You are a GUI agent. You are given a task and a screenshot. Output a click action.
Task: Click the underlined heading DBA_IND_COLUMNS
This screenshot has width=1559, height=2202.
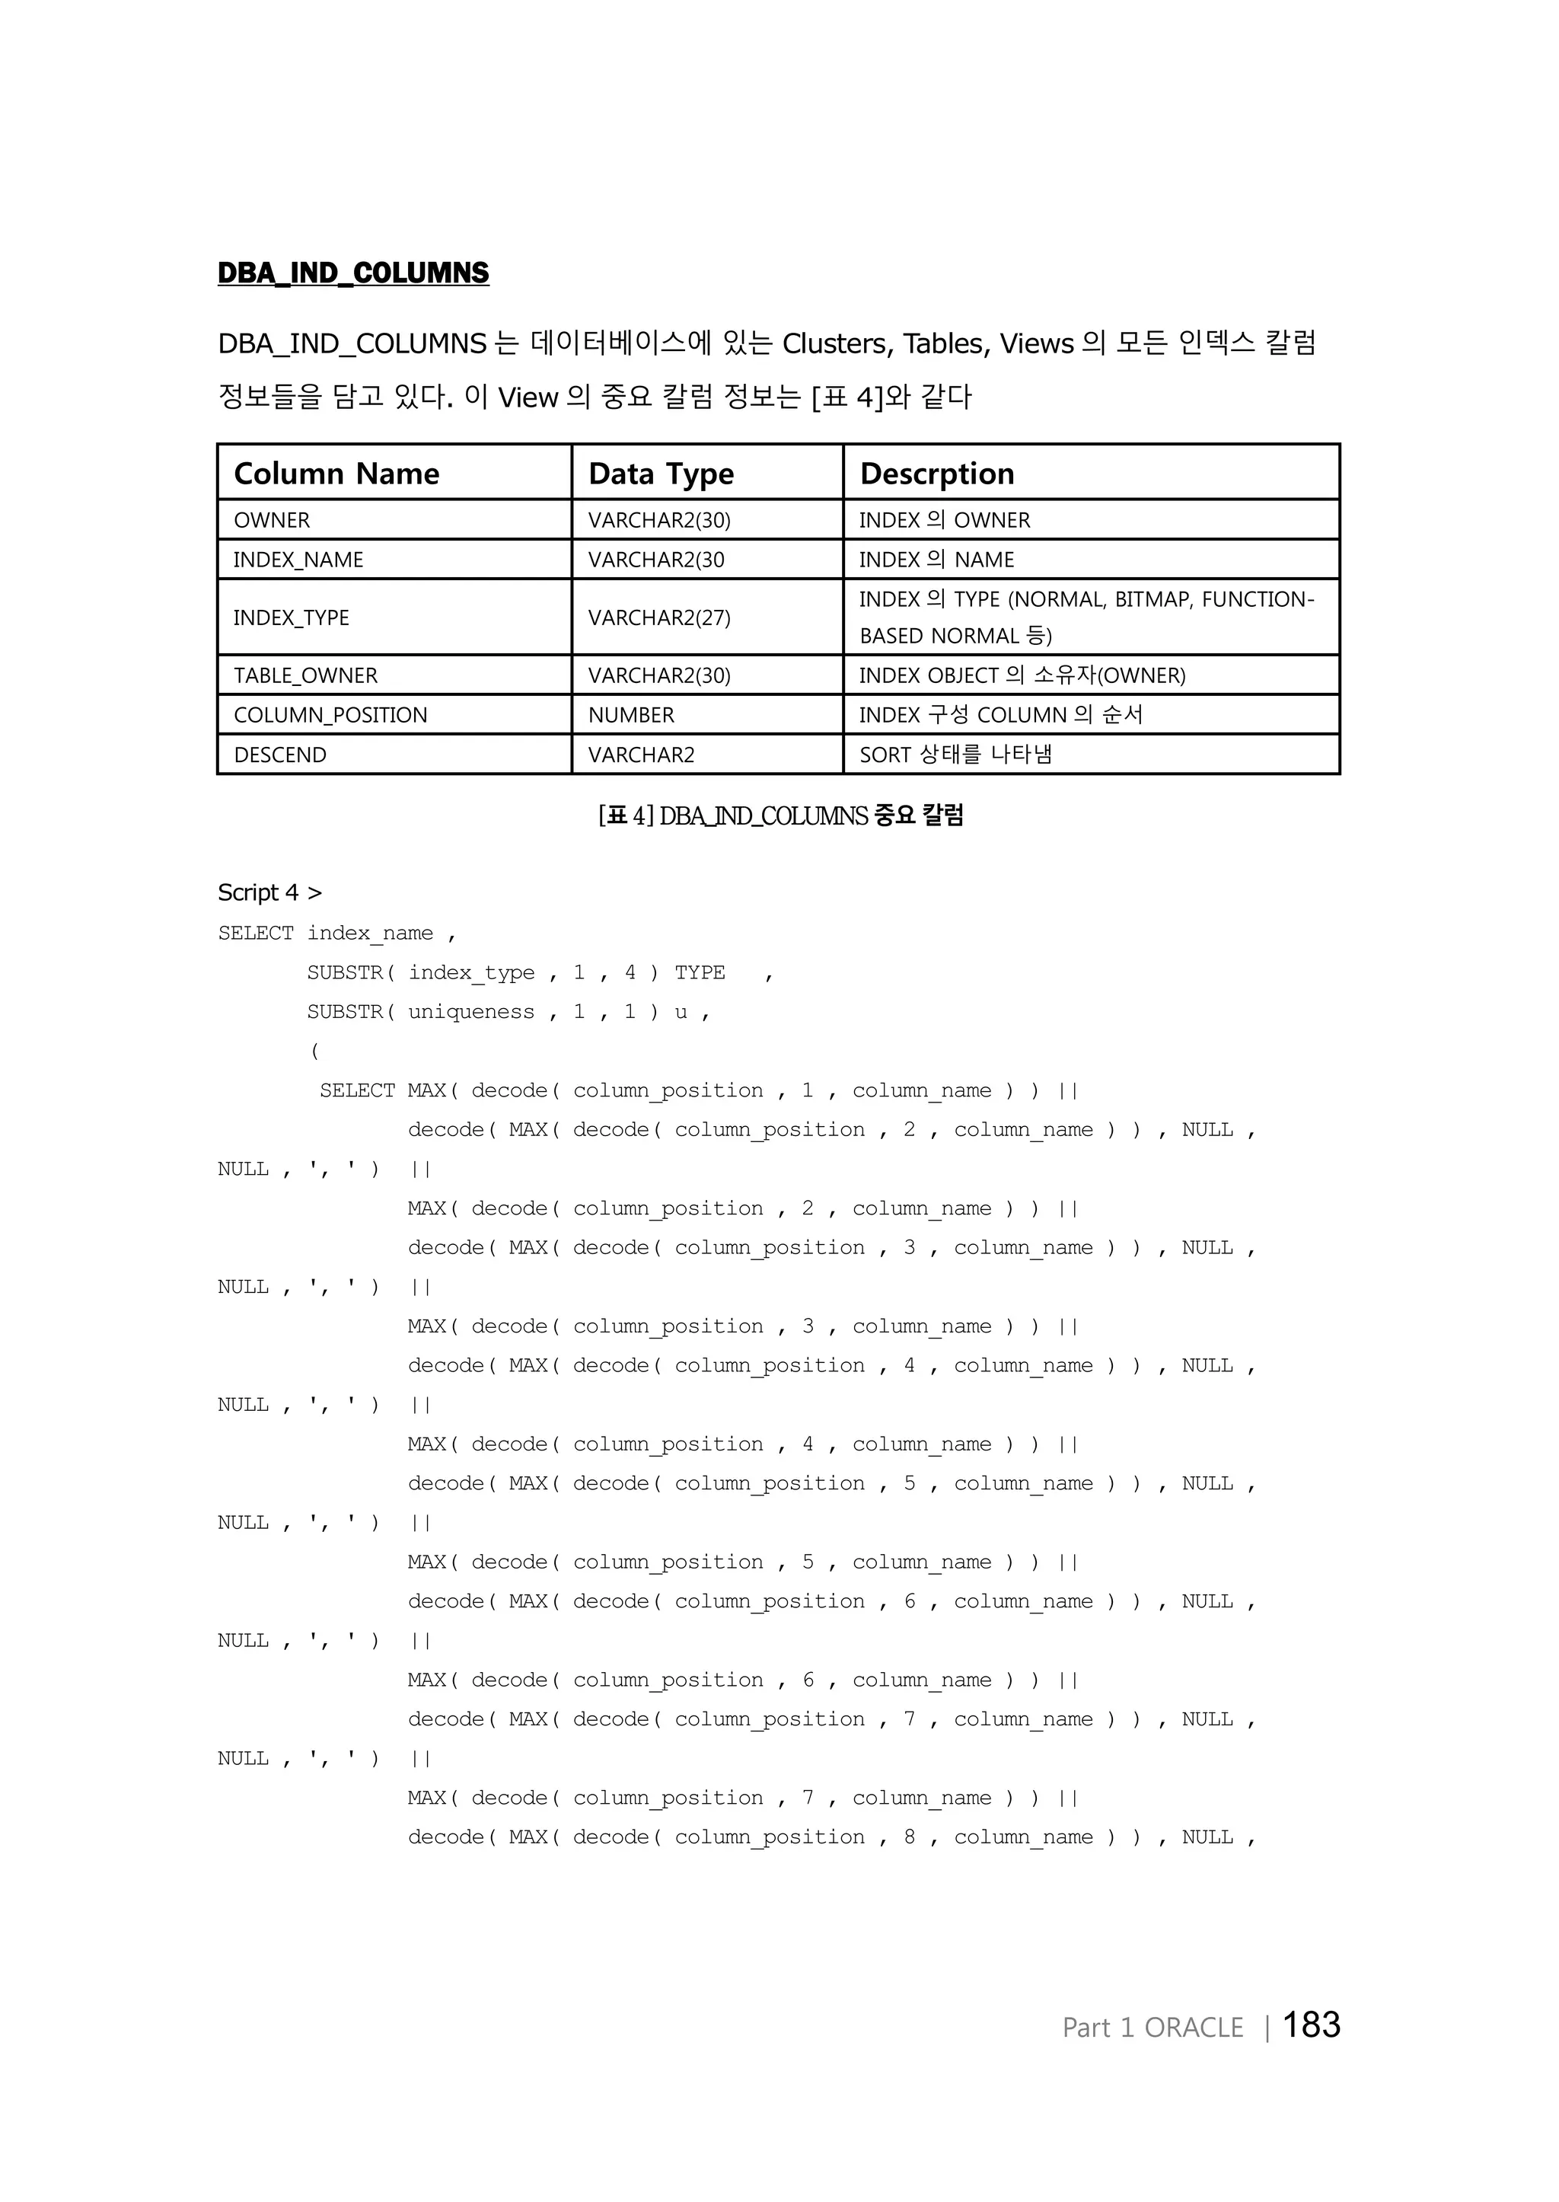point(352,273)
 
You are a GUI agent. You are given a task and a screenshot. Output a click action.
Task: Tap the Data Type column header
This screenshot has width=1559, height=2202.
point(661,474)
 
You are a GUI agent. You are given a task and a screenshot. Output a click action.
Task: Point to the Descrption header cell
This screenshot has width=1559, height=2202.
point(936,474)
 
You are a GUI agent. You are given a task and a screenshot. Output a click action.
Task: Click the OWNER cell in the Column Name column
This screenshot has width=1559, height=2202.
point(272,521)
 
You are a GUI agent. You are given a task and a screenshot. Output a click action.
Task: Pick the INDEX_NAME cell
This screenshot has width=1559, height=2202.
point(298,560)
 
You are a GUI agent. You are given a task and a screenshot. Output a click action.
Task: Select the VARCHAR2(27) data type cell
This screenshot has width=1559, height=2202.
point(658,618)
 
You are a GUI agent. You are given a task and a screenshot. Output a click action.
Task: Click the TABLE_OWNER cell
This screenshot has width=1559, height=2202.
point(305,676)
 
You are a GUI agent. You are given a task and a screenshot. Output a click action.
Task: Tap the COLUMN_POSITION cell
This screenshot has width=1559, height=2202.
point(330,716)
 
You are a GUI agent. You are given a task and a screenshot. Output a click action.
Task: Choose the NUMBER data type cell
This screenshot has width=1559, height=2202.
point(631,716)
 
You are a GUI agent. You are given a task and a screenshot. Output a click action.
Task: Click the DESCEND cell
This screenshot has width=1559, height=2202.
point(279,755)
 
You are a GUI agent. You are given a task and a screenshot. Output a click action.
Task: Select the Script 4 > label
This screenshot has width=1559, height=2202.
point(269,892)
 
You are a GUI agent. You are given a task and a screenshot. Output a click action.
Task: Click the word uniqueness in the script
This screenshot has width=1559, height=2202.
point(470,1012)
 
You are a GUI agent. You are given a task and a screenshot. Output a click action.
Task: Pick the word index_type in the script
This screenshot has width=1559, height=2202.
point(470,973)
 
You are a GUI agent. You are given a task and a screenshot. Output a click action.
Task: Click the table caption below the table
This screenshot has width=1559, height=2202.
point(779,815)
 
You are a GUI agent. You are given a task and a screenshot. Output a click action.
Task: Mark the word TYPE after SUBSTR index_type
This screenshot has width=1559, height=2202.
point(700,973)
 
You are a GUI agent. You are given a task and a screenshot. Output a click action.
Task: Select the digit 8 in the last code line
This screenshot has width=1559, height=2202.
point(909,1837)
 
